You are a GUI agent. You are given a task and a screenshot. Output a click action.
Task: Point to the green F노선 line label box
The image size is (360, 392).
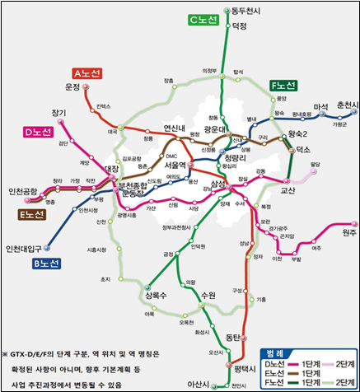[288, 85]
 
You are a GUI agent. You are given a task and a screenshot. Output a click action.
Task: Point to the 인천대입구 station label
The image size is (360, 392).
[26, 248]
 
